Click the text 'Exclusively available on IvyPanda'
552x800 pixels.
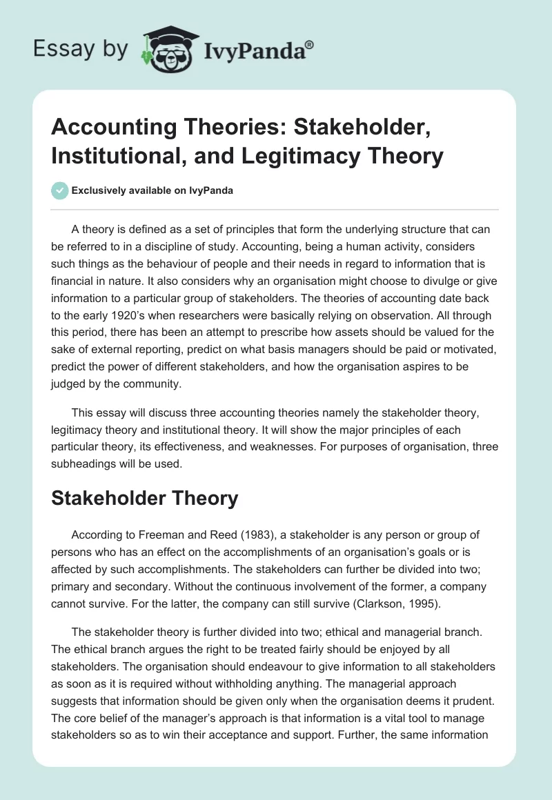click(151, 190)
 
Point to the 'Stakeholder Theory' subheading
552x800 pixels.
click(145, 497)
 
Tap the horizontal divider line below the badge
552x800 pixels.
click(275, 210)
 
